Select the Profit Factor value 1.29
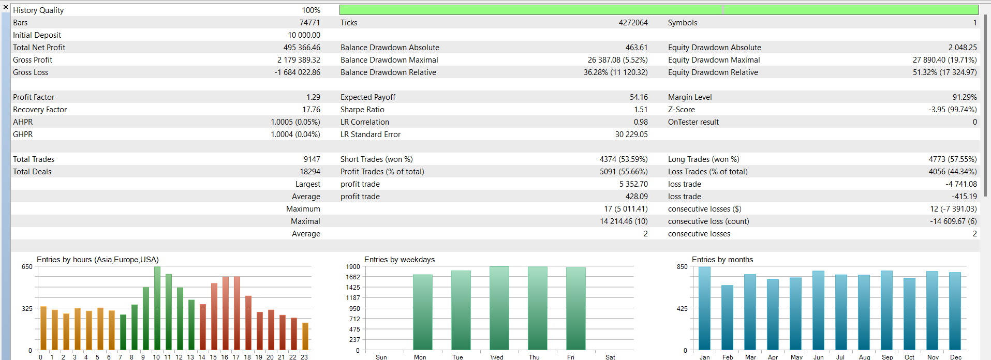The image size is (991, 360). click(313, 97)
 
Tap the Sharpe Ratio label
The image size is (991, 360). click(362, 110)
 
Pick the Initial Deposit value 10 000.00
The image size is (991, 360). click(304, 35)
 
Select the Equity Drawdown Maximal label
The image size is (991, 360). click(714, 60)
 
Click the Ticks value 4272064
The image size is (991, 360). click(633, 23)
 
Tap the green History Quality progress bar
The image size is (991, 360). click(658, 10)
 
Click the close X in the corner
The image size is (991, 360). click(6, 7)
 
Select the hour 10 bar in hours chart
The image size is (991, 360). click(157, 308)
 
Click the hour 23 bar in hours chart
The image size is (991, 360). click(305, 336)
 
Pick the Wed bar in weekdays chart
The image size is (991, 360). click(499, 308)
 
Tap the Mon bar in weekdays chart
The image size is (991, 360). click(422, 312)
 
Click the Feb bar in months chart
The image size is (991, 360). click(728, 318)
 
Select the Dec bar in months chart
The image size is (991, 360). click(955, 311)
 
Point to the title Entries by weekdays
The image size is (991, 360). click(400, 260)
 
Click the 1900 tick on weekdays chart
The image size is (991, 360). click(353, 267)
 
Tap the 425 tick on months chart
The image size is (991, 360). click(682, 309)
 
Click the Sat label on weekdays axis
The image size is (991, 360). click(610, 357)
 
